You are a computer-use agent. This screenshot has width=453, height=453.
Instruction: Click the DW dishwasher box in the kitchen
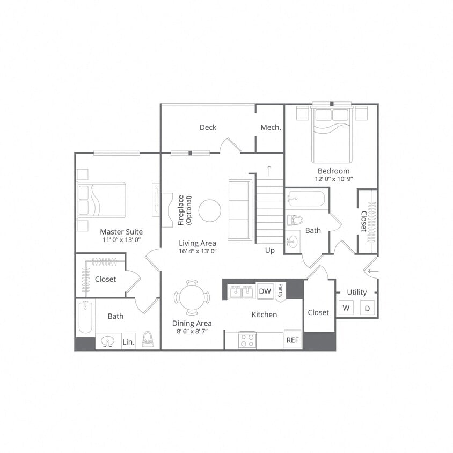[x=265, y=291]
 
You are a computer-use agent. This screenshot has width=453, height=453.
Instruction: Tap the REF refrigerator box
[x=292, y=339]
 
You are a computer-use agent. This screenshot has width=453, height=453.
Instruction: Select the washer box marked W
[x=346, y=308]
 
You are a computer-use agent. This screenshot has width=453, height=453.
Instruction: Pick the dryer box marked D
[x=367, y=308]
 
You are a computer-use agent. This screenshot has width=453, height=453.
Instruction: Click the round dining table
[x=192, y=297]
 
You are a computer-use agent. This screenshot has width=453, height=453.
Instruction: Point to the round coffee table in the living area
[x=209, y=210]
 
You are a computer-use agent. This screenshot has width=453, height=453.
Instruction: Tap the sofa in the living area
[x=239, y=210]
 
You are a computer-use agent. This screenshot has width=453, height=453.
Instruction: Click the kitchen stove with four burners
[x=247, y=340]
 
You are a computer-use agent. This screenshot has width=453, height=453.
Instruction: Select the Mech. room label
[x=271, y=127]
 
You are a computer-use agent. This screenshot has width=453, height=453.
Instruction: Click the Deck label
[x=208, y=127]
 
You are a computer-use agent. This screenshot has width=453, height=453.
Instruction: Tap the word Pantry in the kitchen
[x=280, y=291]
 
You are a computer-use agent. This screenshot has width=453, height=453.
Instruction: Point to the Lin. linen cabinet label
[x=128, y=341]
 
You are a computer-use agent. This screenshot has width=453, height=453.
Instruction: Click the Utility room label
[x=356, y=292]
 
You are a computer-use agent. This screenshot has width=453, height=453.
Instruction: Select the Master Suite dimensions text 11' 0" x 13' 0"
[x=121, y=240]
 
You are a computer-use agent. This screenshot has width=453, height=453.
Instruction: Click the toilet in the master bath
[x=148, y=339]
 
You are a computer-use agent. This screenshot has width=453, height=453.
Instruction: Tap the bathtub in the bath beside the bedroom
[x=306, y=199]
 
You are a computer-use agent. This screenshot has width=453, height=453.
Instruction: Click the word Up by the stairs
[x=270, y=250]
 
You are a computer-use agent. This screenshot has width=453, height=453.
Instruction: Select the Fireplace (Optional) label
[x=184, y=209]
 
